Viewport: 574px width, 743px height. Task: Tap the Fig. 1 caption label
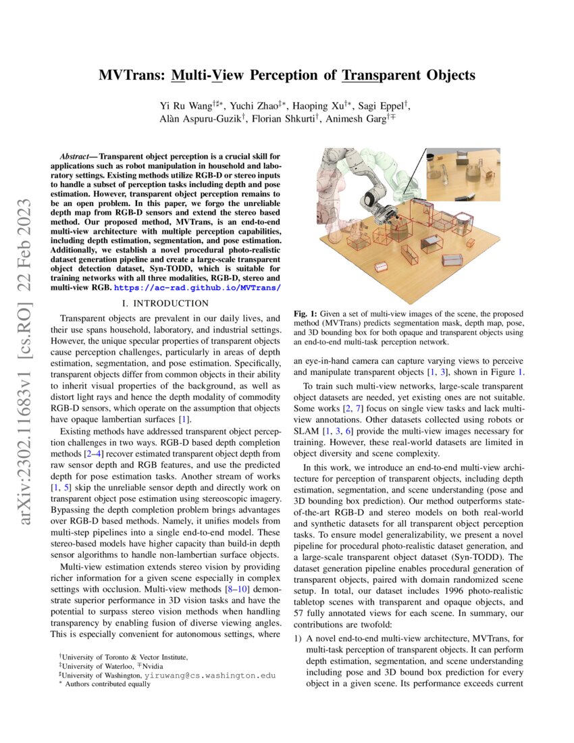(305, 314)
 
